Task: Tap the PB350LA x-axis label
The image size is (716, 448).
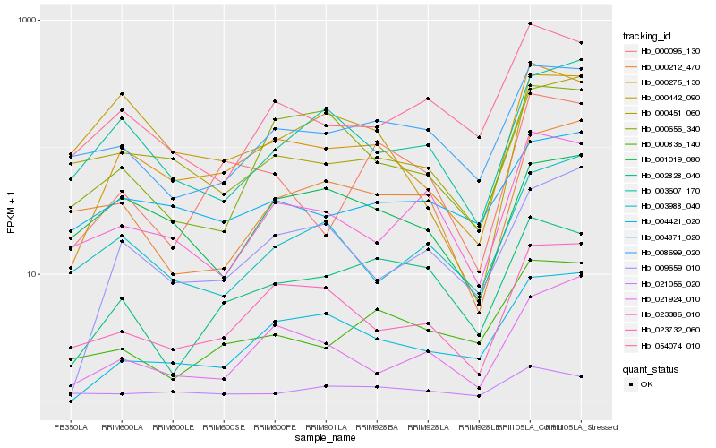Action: [x=70, y=426]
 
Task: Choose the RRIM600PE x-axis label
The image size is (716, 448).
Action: [x=275, y=426]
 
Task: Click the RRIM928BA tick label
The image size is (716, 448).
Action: [x=377, y=426]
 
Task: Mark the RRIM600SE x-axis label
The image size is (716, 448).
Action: [x=224, y=426]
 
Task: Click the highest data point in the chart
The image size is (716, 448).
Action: [x=531, y=23]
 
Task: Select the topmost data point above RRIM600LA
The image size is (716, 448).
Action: [x=122, y=93]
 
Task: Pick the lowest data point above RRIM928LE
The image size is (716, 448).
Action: [x=479, y=396]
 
